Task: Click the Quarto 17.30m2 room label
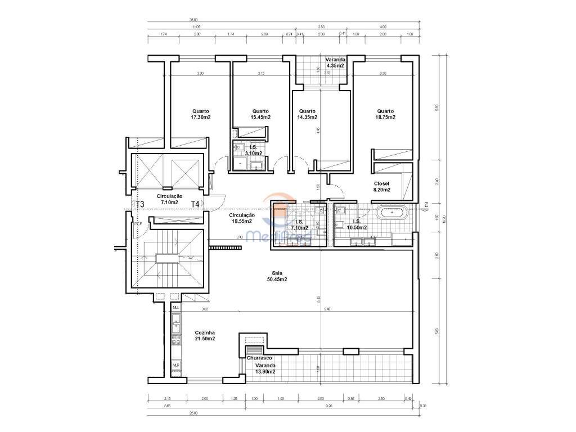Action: (x=201, y=114)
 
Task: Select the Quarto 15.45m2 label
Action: (x=260, y=114)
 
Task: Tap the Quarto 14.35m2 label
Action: (x=307, y=114)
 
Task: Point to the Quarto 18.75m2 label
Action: (x=385, y=114)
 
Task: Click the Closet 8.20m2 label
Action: (x=385, y=187)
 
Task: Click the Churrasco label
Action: (x=259, y=358)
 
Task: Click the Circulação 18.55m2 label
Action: (x=242, y=219)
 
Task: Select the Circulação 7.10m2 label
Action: (x=169, y=199)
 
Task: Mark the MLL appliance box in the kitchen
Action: (x=176, y=308)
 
